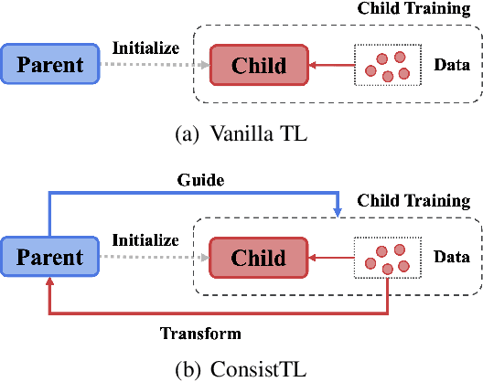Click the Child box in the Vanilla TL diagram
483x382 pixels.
[x=259, y=66]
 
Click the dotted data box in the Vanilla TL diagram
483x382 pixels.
[x=388, y=65]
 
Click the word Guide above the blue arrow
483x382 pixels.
[x=200, y=181]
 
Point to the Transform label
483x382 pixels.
[x=199, y=333]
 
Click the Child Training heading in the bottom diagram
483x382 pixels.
[x=413, y=199]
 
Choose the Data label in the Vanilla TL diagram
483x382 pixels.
[x=452, y=66]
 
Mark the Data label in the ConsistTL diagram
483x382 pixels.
[x=452, y=259]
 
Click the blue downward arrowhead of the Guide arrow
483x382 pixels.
[x=338, y=211]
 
